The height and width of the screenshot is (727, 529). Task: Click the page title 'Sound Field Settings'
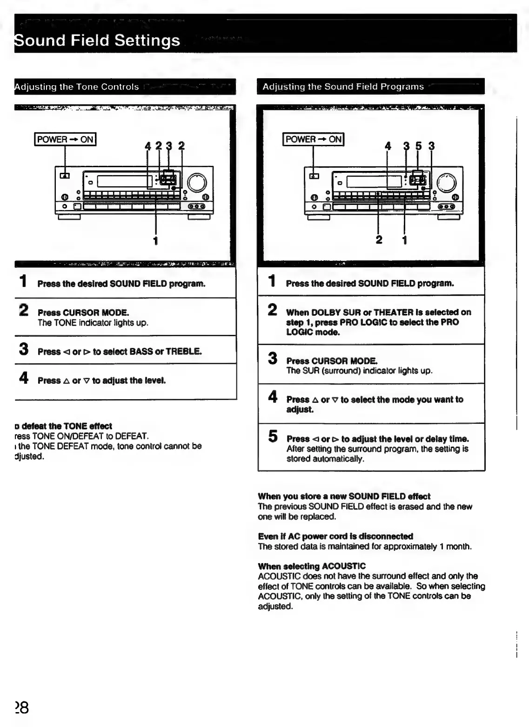click(x=97, y=41)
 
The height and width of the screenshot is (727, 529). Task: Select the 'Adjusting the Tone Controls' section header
click(x=77, y=87)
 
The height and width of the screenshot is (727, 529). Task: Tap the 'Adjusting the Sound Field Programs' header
click(x=343, y=87)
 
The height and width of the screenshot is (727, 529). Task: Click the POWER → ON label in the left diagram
click(x=65, y=139)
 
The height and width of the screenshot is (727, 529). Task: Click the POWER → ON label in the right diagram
click(x=314, y=139)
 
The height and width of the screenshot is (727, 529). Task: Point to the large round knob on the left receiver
click(x=197, y=183)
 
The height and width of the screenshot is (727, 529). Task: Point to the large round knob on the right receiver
click(x=446, y=183)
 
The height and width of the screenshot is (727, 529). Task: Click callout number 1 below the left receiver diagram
click(x=155, y=241)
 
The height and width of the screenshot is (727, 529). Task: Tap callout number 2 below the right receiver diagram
click(x=379, y=240)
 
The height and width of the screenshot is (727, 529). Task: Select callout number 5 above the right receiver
click(x=418, y=146)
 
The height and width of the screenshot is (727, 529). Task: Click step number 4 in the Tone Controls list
click(x=24, y=378)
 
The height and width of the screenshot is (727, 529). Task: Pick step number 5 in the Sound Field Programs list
click(x=273, y=436)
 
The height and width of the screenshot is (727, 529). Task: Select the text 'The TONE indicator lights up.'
click(x=93, y=323)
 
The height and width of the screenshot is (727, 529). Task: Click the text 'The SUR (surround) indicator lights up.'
click(x=359, y=371)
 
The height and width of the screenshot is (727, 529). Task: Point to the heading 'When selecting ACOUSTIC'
click(x=312, y=566)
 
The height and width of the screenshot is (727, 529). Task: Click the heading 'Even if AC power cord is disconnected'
click(x=335, y=536)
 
